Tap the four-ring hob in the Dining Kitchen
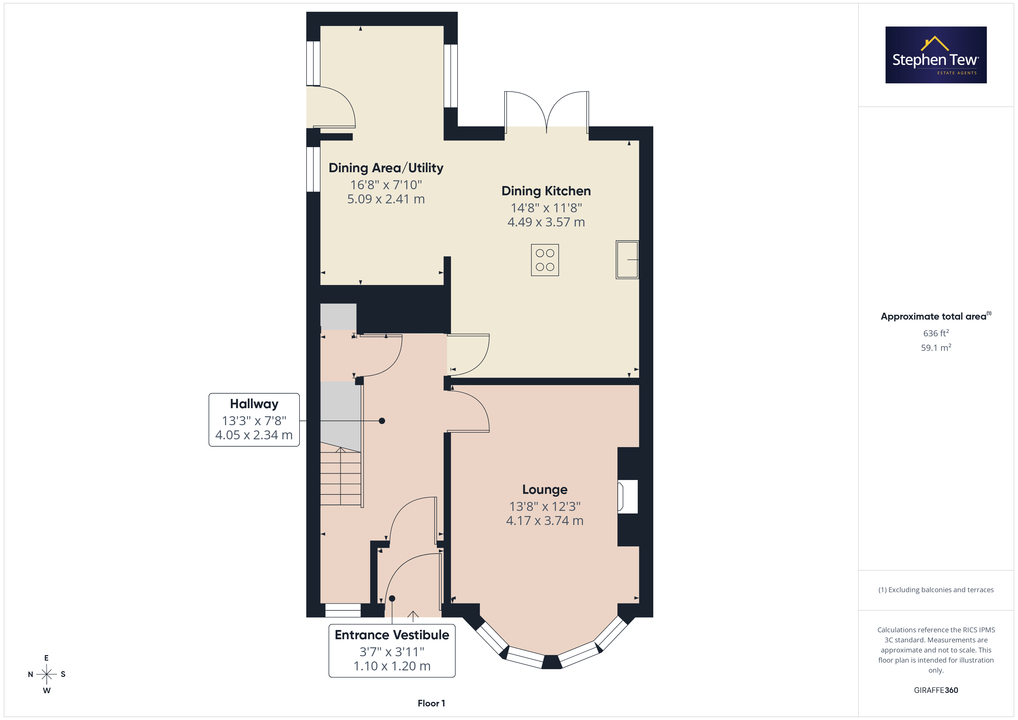tap(545, 260)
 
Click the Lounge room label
tap(544, 490)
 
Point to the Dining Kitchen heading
tap(546, 191)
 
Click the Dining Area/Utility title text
tap(386, 168)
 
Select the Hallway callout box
tap(254, 419)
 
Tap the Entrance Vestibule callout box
tap(392, 650)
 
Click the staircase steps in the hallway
tap(340, 476)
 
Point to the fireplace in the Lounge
tap(628, 496)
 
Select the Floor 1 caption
tap(431, 703)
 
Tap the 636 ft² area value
tap(936, 333)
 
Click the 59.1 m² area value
tap(936, 348)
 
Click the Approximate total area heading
tap(935, 316)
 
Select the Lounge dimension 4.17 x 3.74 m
tap(544, 520)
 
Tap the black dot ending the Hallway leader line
tap(382, 421)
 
